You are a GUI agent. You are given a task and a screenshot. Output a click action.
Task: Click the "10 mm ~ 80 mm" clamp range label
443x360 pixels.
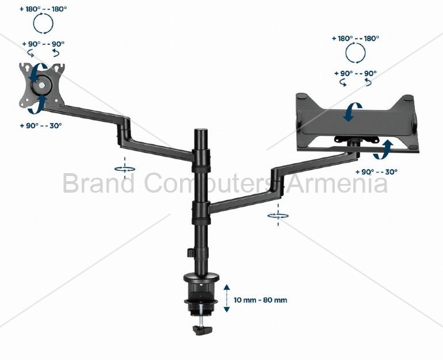[260, 300]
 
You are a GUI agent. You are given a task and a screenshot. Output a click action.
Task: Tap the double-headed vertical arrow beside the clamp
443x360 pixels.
[227, 298]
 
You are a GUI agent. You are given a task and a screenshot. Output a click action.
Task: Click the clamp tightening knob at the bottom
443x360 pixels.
[203, 330]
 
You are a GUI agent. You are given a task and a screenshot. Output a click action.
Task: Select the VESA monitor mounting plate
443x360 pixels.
[42, 85]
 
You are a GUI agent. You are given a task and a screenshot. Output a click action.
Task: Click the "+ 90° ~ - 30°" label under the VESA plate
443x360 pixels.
[41, 125]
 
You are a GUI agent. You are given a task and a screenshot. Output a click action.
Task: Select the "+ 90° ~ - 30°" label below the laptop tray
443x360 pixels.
[376, 172]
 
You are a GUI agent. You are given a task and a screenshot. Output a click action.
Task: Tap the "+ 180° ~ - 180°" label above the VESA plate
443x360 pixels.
[43, 9]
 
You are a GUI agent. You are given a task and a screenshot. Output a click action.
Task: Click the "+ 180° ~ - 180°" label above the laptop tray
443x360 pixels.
[356, 39]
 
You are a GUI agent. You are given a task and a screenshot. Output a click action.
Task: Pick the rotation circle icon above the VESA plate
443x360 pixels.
[43, 24]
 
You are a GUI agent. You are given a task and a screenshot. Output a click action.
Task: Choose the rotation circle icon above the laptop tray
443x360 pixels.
[356, 53]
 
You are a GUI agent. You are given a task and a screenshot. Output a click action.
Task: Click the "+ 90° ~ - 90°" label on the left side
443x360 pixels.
[43, 44]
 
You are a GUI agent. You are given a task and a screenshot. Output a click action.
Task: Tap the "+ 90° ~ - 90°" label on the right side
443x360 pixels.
[356, 74]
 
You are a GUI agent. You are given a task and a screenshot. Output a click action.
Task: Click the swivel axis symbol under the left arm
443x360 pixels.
[125, 169]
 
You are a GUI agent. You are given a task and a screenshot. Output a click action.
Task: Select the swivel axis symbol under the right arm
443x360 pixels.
[278, 216]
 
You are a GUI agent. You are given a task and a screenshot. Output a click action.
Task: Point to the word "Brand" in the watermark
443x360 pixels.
[98, 183]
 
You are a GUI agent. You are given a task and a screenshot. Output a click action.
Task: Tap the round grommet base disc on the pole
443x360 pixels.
[201, 278]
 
